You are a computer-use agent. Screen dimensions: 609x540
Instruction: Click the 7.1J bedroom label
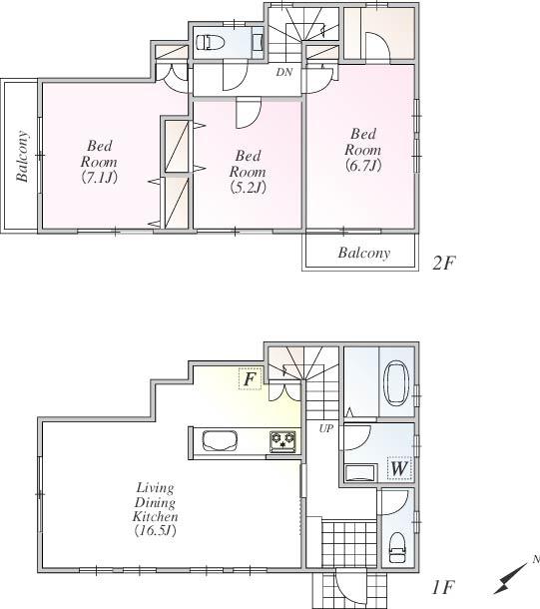click(100, 163)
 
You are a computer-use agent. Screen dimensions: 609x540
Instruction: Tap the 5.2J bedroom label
click(247, 171)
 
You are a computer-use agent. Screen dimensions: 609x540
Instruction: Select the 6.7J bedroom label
click(361, 150)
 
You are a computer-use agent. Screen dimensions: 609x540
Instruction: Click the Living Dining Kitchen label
click(156, 509)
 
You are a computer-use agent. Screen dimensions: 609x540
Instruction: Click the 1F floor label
click(443, 588)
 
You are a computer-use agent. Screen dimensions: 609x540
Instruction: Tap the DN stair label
click(284, 73)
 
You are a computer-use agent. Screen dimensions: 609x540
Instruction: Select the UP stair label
click(326, 428)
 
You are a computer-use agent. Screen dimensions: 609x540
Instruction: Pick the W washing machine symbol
click(398, 467)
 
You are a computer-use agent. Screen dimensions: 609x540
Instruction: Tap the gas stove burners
click(282, 440)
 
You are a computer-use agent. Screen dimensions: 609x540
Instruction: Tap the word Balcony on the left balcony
click(22, 157)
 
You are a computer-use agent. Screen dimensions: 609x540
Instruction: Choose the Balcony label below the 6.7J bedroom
click(362, 253)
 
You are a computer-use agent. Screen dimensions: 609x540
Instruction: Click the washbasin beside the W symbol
click(356, 471)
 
